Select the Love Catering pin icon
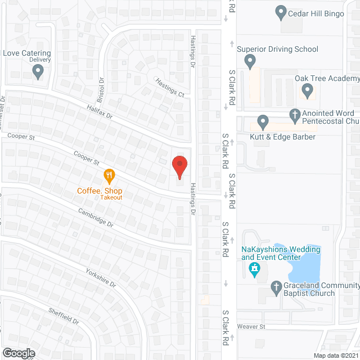pyautogui.click(x=38, y=71)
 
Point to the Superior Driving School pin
pyautogui.click(x=250, y=62)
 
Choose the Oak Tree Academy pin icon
pyautogui.click(x=307, y=90)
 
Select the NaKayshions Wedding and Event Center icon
pyautogui.click(x=254, y=270)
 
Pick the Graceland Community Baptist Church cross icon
pyautogui.click(x=276, y=288)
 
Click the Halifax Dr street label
pyautogui.click(x=100, y=111)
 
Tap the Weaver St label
pyautogui.click(x=251, y=326)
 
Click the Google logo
pyautogui.click(x=19, y=353)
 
